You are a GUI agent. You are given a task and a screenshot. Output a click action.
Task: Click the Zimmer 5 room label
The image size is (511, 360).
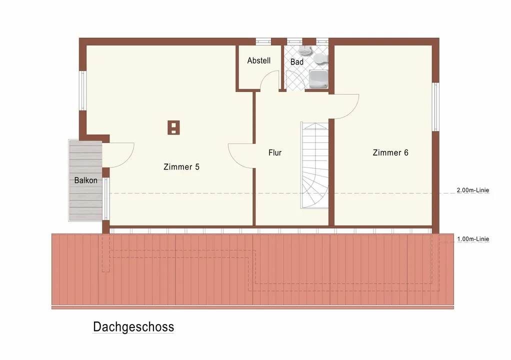point(181,167)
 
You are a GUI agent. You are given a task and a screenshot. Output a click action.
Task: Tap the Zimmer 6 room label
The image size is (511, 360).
point(390,152)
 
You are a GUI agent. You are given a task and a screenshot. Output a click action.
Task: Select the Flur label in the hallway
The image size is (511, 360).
point(275,152)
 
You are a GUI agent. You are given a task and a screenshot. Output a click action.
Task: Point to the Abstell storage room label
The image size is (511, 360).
point(259,60)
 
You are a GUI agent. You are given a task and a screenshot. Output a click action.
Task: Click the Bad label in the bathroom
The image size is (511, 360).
point(297,61)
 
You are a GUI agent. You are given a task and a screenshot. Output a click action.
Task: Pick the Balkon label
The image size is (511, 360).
point(85,180)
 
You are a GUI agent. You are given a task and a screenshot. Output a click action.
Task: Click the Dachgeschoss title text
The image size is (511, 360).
point(133,327)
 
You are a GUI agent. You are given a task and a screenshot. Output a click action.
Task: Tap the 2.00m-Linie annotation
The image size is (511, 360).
point(473,190)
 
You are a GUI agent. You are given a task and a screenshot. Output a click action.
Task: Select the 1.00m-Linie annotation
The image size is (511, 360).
point(473,239)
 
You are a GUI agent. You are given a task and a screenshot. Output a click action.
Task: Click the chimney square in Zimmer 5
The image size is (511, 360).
point(173,127)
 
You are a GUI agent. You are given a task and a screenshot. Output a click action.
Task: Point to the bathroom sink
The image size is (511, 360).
point(305,50)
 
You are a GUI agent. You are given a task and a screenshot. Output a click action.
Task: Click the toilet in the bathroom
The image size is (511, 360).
point(320,58)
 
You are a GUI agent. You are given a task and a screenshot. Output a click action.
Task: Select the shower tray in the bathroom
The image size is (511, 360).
point(318,79)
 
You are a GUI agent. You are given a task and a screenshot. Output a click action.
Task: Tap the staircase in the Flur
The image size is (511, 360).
point(314,165)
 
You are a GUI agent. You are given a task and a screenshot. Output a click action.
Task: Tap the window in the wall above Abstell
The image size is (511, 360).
point(263,41)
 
